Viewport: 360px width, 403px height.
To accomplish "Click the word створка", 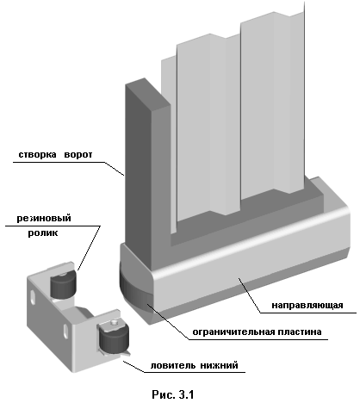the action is (37, 155).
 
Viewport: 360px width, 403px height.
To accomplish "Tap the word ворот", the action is (78, 155).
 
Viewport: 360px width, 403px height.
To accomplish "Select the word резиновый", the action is (44, 219).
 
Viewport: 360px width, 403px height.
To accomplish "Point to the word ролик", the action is (43, 232).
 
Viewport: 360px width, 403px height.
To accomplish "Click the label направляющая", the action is (307, 305).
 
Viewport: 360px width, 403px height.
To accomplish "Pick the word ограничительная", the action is (233, 332).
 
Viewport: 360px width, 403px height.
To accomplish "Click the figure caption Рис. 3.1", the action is (173, 394).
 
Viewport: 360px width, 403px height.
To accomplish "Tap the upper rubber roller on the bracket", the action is (63, 285).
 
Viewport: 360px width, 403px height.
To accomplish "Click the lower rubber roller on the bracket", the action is (114, 338).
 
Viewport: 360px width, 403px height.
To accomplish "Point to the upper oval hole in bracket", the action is (34, 297).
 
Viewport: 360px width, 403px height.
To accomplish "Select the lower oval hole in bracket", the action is (66, 331).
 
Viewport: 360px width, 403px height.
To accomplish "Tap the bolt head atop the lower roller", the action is (115, 323).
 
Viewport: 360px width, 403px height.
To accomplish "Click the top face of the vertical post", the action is (148, 95).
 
